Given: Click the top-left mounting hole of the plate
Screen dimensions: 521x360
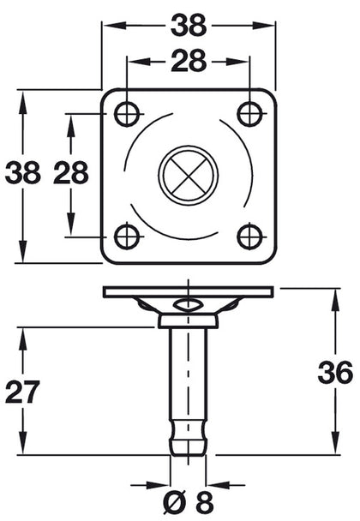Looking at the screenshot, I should (127, 112).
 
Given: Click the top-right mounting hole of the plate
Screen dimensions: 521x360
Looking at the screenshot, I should (249, 112).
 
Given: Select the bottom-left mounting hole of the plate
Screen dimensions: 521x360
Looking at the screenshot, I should (127, 235).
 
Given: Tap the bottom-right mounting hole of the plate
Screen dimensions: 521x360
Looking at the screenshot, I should (249, 235).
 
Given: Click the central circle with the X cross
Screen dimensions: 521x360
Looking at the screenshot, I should (188, 174).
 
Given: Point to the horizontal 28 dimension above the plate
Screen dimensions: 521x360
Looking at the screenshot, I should (188, 63).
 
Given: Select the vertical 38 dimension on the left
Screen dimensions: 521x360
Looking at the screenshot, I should (22, 174).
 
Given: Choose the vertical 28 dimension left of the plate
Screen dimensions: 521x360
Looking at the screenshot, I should (70, 174).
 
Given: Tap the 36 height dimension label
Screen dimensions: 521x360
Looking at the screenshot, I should (334, 373).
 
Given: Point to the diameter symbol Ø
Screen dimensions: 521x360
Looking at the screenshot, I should (171, 500).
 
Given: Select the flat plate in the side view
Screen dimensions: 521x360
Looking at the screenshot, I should (188, 292).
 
